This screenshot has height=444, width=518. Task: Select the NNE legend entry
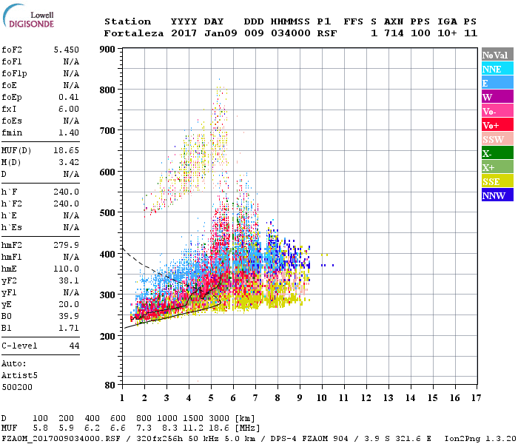pyautogui.click(x=497, y=69)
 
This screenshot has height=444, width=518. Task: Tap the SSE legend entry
pyautogui.click(x=497, y=181)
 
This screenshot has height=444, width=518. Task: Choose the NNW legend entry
pyautogui.click(x=497, y=195)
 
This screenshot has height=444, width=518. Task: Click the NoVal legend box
pyautogui.click(x=497, y=55)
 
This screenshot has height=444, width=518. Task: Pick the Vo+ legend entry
pyautogui.click(x=497, y=125)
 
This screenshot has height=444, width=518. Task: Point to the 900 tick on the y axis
pyautogui.click(x=108, y=50)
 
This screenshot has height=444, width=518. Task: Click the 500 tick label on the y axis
pyautogui.click(x=108, y=213)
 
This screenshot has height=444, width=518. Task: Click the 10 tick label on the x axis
pyautogui.click(x=322, y=398)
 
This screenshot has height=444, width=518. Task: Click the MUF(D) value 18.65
pyautogui.click(x=66, y=151)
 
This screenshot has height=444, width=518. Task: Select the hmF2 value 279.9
pyautogui.click(x=66, y=245)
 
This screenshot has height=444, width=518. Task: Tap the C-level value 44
pyautogui.click(x=74, y=346)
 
